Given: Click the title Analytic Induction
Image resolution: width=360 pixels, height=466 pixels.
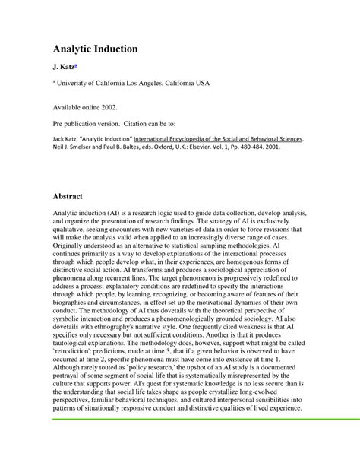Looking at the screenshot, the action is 95,49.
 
